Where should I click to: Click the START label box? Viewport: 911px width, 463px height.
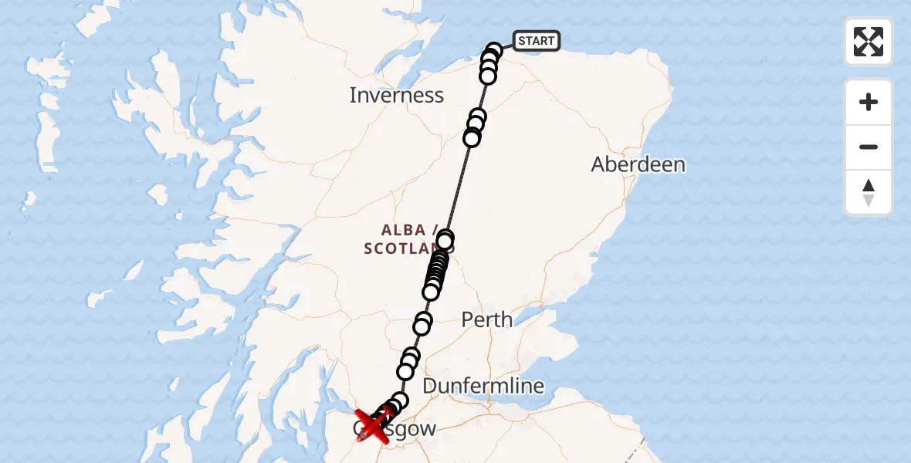click(536, 41)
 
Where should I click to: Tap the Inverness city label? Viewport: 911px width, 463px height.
click(397, 96)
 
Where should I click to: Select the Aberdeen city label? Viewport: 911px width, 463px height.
click(638, 164)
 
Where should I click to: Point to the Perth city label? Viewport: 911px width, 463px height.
click(486, 319)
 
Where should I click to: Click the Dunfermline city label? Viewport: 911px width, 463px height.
click(483, 386)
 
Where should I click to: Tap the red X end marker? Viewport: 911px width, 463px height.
click(373, 425)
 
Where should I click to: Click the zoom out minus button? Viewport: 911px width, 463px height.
click(869, 147)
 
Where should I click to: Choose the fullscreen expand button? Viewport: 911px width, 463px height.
click(869, 42)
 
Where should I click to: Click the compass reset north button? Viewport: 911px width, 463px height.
click(869, 192)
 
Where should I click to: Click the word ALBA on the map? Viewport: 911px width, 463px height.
click(403, 230)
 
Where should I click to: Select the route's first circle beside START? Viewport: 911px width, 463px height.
click(495, 51)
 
